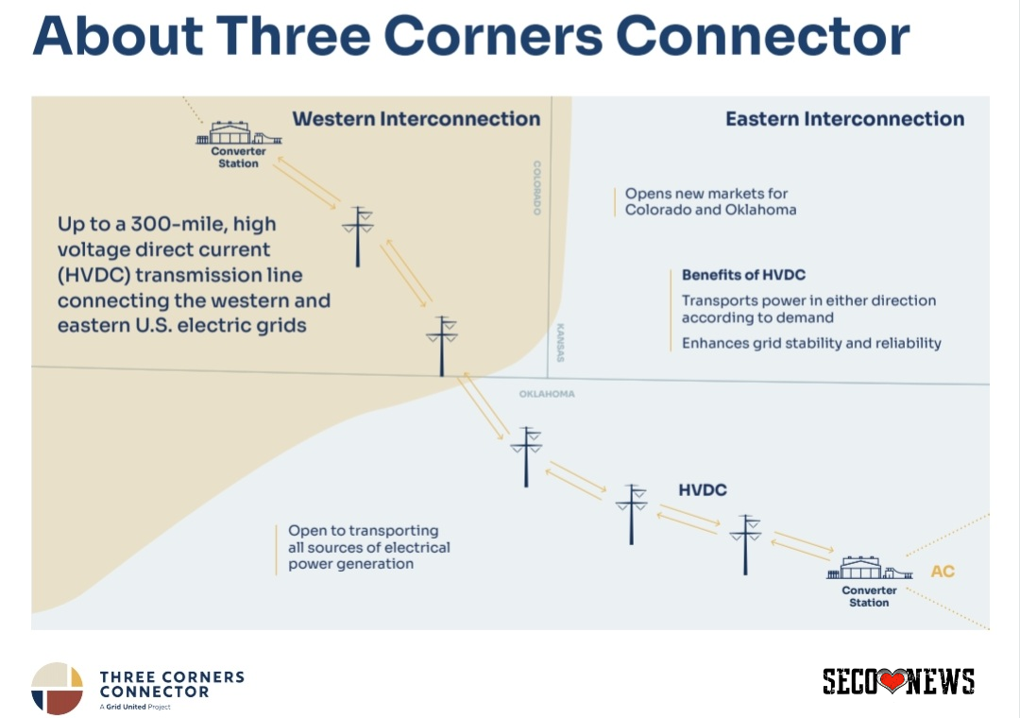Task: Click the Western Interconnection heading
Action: (x=416, y=119)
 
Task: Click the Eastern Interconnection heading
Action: (x=844, y=119)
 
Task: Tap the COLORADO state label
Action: (x=536, y=187)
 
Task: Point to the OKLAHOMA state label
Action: (x=546, y=394)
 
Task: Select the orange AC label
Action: (x=943, y=572)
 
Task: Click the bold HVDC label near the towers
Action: (x=703, y=490)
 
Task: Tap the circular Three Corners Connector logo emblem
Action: (x=57, y=688)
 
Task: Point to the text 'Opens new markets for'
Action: (x=706, y=194)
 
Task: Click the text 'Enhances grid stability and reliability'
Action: (x=811, y=343)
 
